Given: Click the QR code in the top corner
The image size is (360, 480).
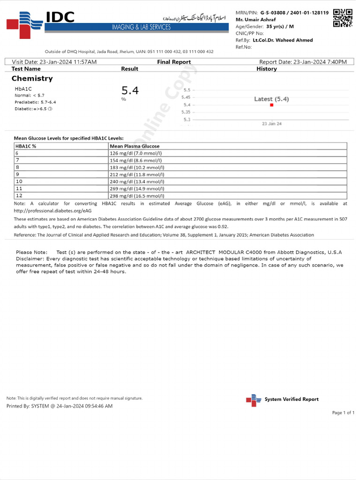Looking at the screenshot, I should (x=343, y=18).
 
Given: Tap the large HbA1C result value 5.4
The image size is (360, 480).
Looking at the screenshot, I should (x=130, y=90).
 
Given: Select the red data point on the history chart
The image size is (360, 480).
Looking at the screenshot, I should (x=271, y=105).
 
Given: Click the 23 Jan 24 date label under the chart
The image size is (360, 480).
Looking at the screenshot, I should (x=271, y=124).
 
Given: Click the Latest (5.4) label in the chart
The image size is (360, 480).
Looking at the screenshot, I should (x=271, y=99).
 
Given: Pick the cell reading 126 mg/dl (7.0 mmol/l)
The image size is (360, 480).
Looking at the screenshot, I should (x=135, y=153).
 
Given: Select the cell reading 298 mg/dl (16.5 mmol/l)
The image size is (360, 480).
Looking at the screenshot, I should (x=136, y=196).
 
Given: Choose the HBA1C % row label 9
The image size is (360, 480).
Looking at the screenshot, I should (x=17, y=174).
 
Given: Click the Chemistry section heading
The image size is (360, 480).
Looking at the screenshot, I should (x=32, y=78).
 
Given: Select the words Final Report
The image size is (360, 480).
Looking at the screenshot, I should (x=174, y=62).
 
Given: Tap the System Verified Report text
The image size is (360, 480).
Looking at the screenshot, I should (x=291, y=399).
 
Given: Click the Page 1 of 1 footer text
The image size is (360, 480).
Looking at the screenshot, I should (x=343, y=412).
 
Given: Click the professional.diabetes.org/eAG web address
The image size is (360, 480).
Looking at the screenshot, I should (x=52, y=210).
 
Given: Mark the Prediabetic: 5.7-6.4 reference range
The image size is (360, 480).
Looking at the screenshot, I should (x=35, y=102).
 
